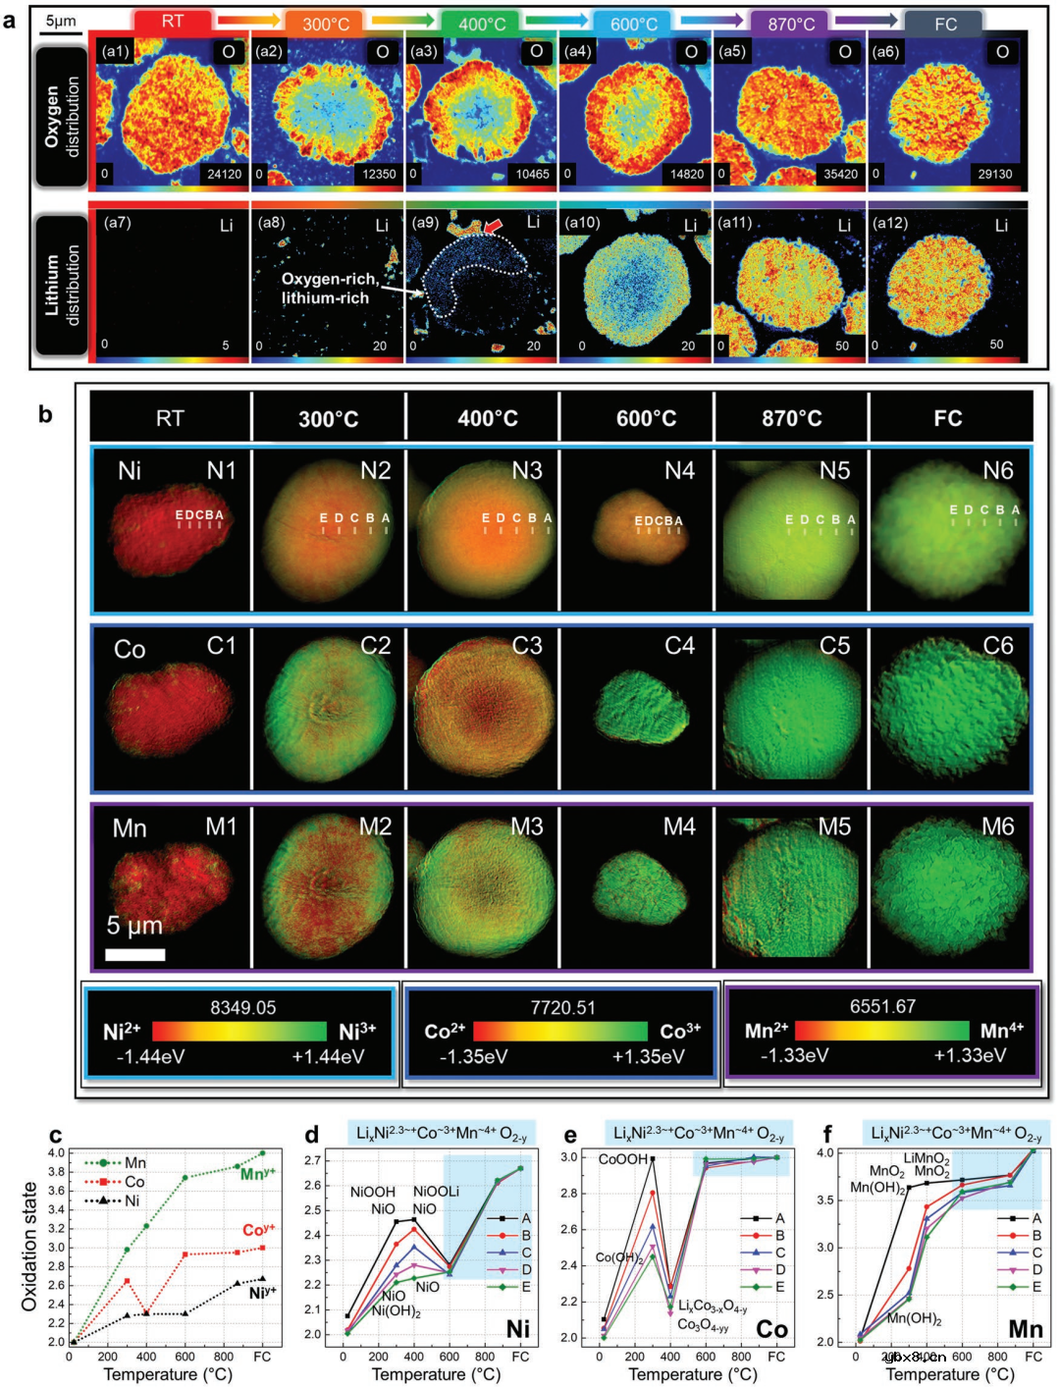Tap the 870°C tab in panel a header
click(x=791, y=24)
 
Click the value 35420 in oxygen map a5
click(x=840, y=174)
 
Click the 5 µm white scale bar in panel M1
click(x=134, y=954)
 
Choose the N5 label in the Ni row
click(x=834, y=471)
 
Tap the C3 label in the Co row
click(x=527, y=646)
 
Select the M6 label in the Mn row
click(x=997, y=827)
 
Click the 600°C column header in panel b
click(x=646, y=419)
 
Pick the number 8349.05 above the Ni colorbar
click(x=242, y=1007)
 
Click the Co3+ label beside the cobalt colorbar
click(x=680, y=1031)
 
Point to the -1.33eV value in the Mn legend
click(x=794, y=1055)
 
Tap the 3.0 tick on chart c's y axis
click(x=57, y=1248)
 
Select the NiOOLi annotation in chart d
click(x=436, y=1192)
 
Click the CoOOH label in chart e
click(x=623, y=1159)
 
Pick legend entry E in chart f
click(x=1036, y=1287)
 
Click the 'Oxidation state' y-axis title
click(x=29, y=1247)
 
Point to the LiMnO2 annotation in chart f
click(x=927, y=1159)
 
